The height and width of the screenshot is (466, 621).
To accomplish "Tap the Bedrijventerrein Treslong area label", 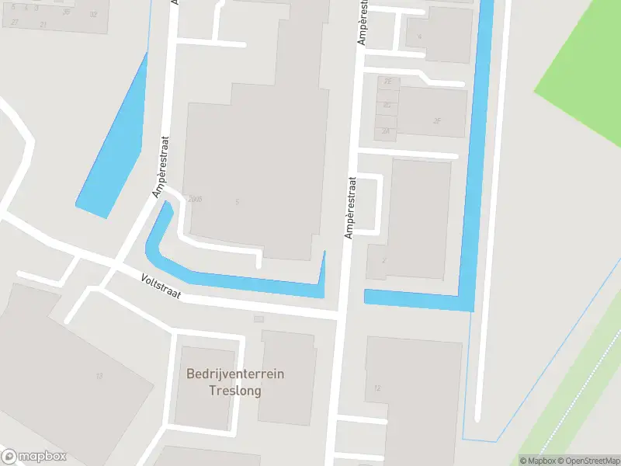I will point(235,382).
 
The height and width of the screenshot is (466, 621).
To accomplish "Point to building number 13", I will point(99,376).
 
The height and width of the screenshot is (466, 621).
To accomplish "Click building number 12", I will point(377,388).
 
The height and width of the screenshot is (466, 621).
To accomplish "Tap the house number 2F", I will point(437,120).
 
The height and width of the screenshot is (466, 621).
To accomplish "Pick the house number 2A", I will point(386,131).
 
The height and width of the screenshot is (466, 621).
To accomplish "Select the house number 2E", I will point(387,81).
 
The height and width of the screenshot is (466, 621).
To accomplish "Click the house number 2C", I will point(387,105).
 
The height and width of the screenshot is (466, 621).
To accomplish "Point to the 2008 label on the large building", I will point(195,200).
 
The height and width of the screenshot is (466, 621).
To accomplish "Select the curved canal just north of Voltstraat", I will point(233,280).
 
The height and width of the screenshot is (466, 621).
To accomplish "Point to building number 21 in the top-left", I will point(43,25).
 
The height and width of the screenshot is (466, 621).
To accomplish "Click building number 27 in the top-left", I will point(15,23).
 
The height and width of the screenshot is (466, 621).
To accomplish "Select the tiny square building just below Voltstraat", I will point(259,318).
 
